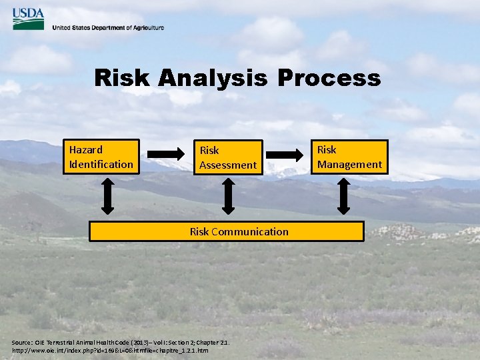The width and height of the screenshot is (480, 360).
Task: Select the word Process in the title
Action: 329,78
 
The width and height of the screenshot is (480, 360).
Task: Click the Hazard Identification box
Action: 101,157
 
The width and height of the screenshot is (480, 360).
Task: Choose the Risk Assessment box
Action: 228,157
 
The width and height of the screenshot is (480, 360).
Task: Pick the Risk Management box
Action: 349,157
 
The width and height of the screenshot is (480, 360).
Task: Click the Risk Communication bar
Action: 227,231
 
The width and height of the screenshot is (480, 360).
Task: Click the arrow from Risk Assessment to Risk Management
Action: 284,156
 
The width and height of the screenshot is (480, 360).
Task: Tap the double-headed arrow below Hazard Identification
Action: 101,197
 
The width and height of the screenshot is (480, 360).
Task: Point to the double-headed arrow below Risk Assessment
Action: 229,197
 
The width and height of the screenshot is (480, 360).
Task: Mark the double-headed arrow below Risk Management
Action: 343,197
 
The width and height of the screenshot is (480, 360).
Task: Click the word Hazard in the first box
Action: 86,149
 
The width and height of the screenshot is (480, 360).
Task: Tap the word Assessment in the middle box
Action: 228,165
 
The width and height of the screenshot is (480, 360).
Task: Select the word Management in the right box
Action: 349,164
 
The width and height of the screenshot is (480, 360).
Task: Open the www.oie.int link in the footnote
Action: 110,350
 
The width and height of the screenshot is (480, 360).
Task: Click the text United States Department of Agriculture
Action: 107,28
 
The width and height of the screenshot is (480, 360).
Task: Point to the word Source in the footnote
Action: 23,342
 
